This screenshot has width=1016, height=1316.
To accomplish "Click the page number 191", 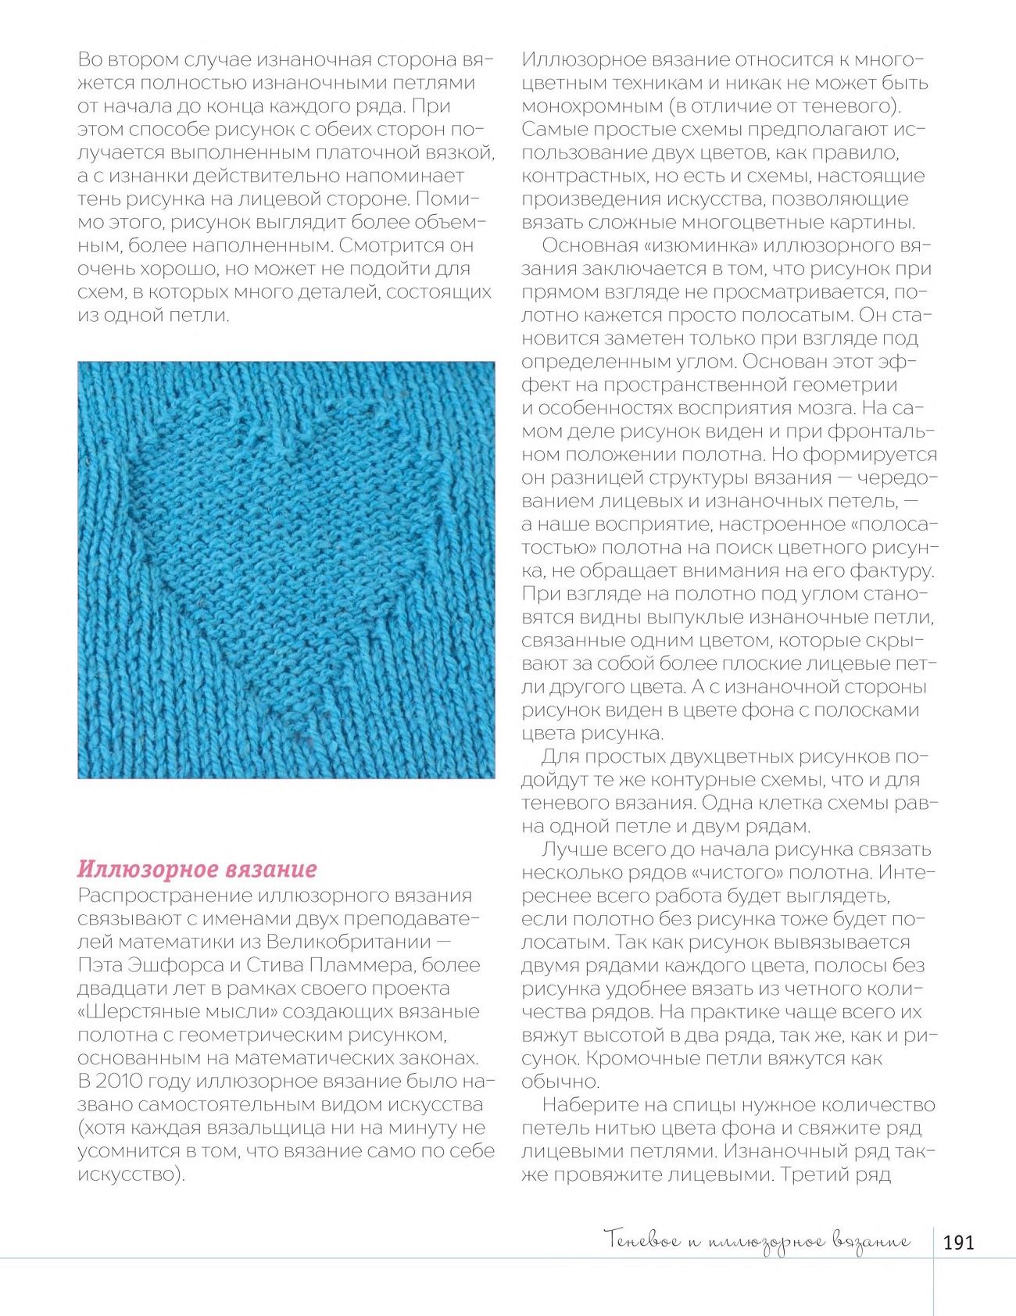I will [x=958, y=1242].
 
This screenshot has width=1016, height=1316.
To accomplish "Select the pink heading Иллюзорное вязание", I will [x=197, y=869].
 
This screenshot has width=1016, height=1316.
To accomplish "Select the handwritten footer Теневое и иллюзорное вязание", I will [x=757, y=1240].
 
